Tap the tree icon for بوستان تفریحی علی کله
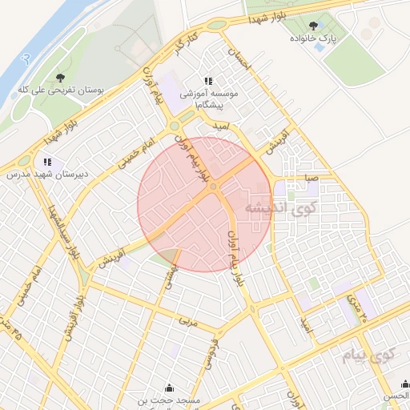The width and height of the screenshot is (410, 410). click(61, 78)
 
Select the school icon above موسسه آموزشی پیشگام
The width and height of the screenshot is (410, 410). click(208, 82)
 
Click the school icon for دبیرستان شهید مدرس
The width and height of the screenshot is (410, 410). click(48, 162)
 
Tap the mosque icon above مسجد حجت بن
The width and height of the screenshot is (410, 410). click(168, 387)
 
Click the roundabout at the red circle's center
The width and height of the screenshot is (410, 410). click(214, 187)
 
